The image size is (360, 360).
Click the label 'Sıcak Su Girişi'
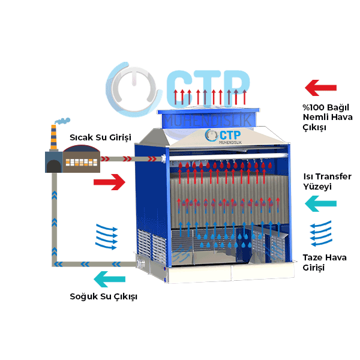pos(100,137)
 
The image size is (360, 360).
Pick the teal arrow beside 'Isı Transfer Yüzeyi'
pos(320,204)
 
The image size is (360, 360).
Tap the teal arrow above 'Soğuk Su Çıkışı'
pos(110,279)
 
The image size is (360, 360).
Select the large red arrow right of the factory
pos(110,181)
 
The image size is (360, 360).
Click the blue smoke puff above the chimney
pos(61,121)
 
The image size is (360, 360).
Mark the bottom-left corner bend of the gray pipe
pos(55,263)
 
